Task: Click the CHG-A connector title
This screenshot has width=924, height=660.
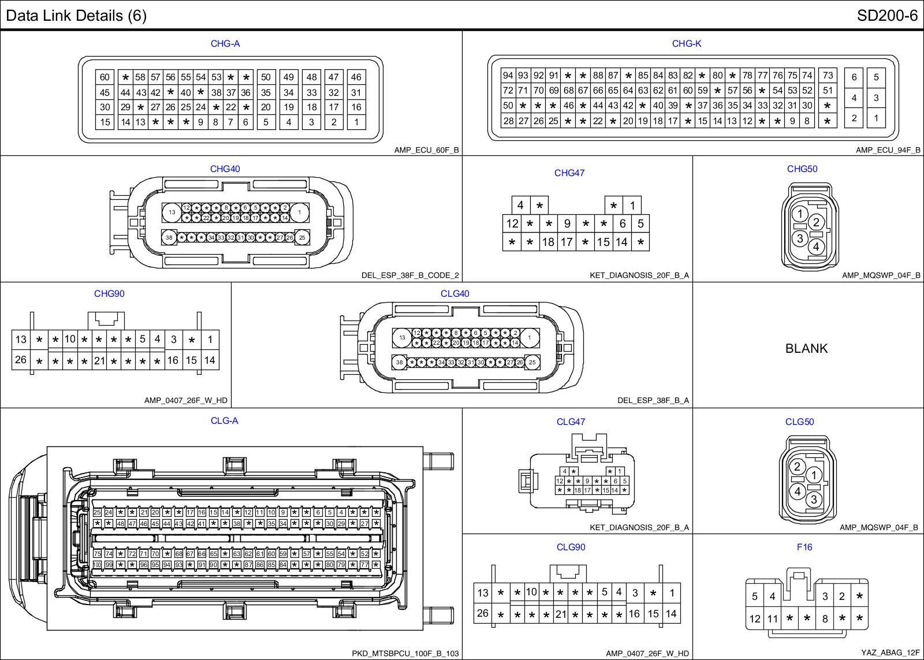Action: click(225, 43)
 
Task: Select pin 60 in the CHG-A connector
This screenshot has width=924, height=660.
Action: click(105, 77)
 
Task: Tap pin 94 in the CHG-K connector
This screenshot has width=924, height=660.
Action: click(508, 75)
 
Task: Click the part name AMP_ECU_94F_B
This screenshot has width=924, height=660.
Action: click(888, 150)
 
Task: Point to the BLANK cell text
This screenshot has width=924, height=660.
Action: click(806, 348)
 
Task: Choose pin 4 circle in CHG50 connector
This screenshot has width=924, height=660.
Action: click(815, 247)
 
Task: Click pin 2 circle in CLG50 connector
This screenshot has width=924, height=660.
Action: click(797, 467)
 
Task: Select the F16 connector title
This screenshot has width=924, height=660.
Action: click(804, 547)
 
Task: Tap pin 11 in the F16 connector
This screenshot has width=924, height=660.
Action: click(772, 619)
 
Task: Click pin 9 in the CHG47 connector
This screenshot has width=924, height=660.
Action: click(567, 223)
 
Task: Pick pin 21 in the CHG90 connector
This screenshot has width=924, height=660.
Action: click(99, 361)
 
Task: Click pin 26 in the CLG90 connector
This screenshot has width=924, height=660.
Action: click(483, 613)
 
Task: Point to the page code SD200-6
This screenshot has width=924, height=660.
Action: click(887, 16)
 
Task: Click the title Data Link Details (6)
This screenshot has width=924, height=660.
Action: click(76, 16)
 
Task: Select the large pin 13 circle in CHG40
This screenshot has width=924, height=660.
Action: click(172, 212)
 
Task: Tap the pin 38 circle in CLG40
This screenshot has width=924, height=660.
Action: click(399, 363)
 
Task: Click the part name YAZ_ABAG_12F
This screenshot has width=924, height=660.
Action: click(890, 652)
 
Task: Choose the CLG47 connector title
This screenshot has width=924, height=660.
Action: click(571, 422)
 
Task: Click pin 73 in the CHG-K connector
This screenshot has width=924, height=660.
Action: click(828, 75)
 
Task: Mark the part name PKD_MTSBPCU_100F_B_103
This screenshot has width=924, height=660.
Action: click(405, 654)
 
